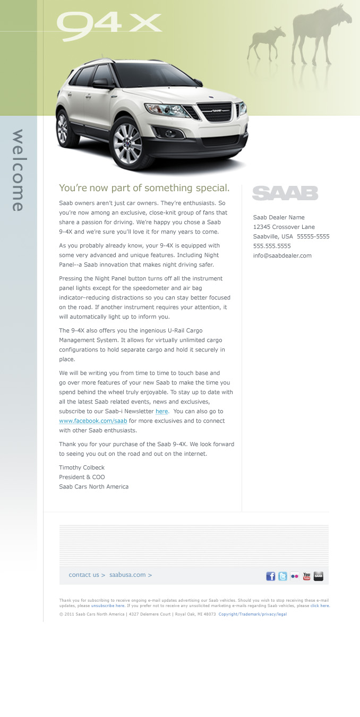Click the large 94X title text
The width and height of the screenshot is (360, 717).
pos(108,27)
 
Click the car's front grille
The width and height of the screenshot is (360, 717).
pos(215,112)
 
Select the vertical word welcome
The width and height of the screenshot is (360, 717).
pos(18,170)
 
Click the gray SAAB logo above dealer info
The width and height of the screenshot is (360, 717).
pos(285,193)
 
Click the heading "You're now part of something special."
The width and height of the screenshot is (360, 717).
pos(144,188)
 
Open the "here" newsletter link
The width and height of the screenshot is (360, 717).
pos(161,412)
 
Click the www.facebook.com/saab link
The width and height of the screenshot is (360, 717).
pos(93,421)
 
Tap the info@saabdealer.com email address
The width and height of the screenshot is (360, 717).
pos(282,255)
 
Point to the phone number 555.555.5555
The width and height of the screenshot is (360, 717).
pos(272,246)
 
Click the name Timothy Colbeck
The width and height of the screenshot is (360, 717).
pos(82,467)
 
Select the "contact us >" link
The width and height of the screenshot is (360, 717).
pos(87,575)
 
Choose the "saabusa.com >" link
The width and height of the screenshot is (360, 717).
pos(131,575)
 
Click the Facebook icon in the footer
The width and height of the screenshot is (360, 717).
pos(271,576)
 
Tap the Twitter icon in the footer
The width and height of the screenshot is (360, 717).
pos(282,576)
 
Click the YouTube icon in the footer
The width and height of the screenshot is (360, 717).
pos(307,576)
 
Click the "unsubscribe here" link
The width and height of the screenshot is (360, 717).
pos(108,605)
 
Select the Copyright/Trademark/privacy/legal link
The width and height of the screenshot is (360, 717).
pos(253,614)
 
